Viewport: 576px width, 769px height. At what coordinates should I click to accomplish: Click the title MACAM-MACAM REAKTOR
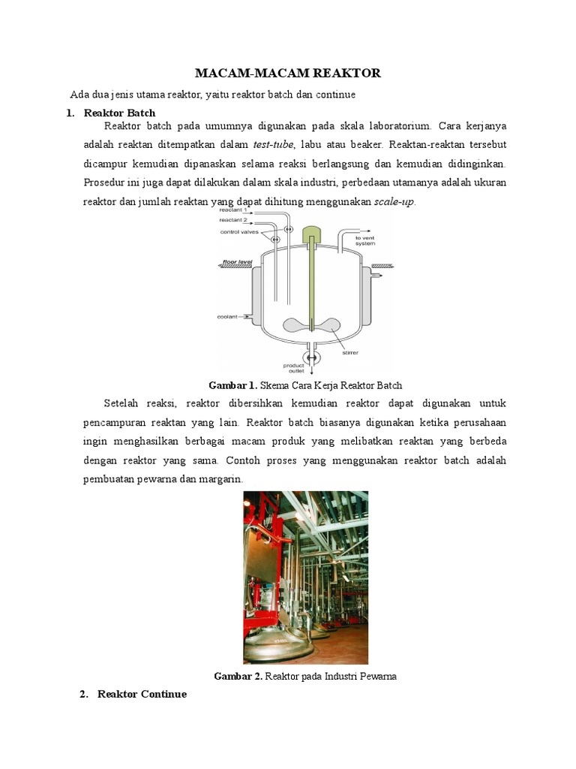coord(288,73)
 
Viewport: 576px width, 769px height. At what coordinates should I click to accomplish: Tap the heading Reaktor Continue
coord(142,694)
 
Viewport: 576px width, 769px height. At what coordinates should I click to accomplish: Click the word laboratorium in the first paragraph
coord(400,126)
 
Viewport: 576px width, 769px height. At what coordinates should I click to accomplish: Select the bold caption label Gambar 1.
coord(232,385)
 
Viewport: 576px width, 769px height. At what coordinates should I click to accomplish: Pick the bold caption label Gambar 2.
coord(238,676)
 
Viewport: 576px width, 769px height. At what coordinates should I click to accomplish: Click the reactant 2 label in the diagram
coord(232,221)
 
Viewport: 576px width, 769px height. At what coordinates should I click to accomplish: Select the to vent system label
coord(365,240)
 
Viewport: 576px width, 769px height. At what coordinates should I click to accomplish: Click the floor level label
coord(235,264)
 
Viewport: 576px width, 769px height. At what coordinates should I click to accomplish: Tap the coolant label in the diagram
coord(227,317)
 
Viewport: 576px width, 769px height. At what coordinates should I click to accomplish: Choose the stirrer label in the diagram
coord(349,350)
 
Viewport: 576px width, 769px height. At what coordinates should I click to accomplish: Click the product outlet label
coord(293,368)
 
